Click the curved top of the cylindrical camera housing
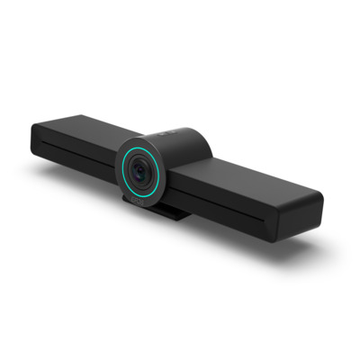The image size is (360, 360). (x=180, y=135)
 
